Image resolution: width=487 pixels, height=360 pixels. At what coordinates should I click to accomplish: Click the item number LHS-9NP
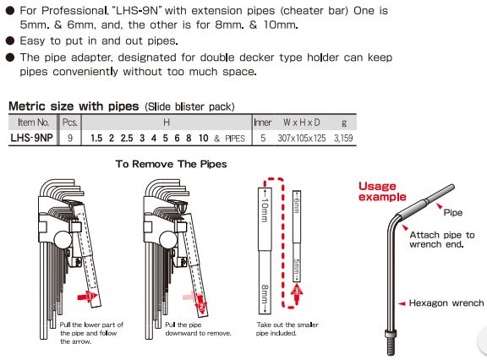coord(31,138)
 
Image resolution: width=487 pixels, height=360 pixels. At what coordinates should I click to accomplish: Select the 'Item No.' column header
coord(34,123)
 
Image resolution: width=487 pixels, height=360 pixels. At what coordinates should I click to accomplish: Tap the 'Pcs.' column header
coord(70,123)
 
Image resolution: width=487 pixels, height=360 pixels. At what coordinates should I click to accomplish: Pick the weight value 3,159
coord(343,138)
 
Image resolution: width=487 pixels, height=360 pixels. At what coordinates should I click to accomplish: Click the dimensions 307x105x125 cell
coord(302,138)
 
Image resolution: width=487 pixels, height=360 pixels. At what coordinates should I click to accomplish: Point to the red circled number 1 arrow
coord(88,297)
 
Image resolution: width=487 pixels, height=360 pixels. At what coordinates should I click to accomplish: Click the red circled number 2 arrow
coord(201,306)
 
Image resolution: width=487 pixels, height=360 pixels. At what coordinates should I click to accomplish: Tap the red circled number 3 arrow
coord(297,294)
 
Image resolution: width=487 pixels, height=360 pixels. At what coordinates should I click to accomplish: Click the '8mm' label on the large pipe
coord(265,297)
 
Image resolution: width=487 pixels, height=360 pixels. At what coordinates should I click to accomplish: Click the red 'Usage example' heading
coord(382,192)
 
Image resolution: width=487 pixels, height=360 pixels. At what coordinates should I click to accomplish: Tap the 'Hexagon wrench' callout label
coord(446,303)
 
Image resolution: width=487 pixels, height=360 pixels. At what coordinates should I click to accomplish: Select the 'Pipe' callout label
coord(453,213)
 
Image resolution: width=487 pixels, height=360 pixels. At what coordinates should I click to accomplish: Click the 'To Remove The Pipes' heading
coord(171,164)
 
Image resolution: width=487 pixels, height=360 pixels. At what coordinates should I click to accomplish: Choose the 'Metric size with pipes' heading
coord(74,106)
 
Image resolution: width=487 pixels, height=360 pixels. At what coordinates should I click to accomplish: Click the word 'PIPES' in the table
coord(235,139)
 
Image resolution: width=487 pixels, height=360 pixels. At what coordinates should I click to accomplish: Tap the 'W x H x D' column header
coord(301,123)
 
